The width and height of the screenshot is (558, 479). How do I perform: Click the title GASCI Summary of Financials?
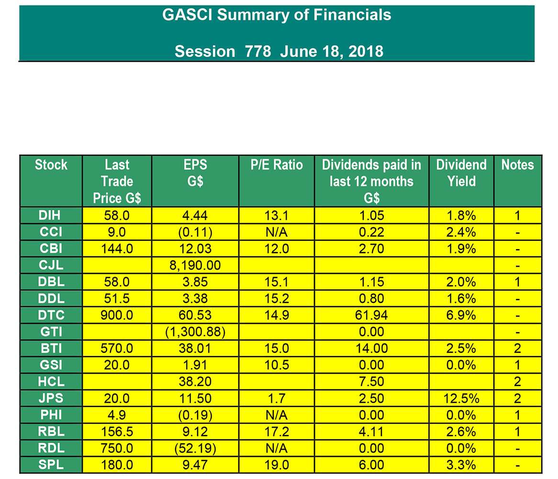tap(277, 15)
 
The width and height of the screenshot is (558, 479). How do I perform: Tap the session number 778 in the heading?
tap(258, 52)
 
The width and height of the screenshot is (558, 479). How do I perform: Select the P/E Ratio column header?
tap(277, 165)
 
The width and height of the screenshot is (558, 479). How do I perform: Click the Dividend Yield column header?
tap(461, 173)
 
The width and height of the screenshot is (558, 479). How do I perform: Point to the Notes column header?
tap(517, 165)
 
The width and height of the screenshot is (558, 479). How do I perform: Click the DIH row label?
tap(51, 216)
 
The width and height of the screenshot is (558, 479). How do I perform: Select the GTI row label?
tap(51, 332)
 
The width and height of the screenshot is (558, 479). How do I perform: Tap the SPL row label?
tap(51, 465)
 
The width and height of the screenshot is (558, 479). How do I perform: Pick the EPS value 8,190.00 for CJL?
tap(195, 266)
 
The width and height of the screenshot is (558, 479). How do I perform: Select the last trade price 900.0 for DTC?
tap(117, 315)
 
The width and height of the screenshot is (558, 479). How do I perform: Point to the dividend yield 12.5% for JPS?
tap(461, 399)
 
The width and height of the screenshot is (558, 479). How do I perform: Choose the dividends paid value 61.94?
tap(371, 315)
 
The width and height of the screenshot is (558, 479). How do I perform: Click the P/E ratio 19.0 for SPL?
tap(277, 465)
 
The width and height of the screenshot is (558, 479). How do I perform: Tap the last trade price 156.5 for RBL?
tap(117, 432)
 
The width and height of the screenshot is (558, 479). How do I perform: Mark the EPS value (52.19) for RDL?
tap(195, 448)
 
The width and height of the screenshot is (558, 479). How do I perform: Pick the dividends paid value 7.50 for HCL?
tap(371, 382)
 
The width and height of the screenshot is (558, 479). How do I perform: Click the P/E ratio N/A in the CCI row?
tap(277, 232)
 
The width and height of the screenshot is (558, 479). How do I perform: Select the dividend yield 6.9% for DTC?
tap(461, 315)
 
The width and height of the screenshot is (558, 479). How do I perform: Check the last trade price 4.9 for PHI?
tap(117, 415)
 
